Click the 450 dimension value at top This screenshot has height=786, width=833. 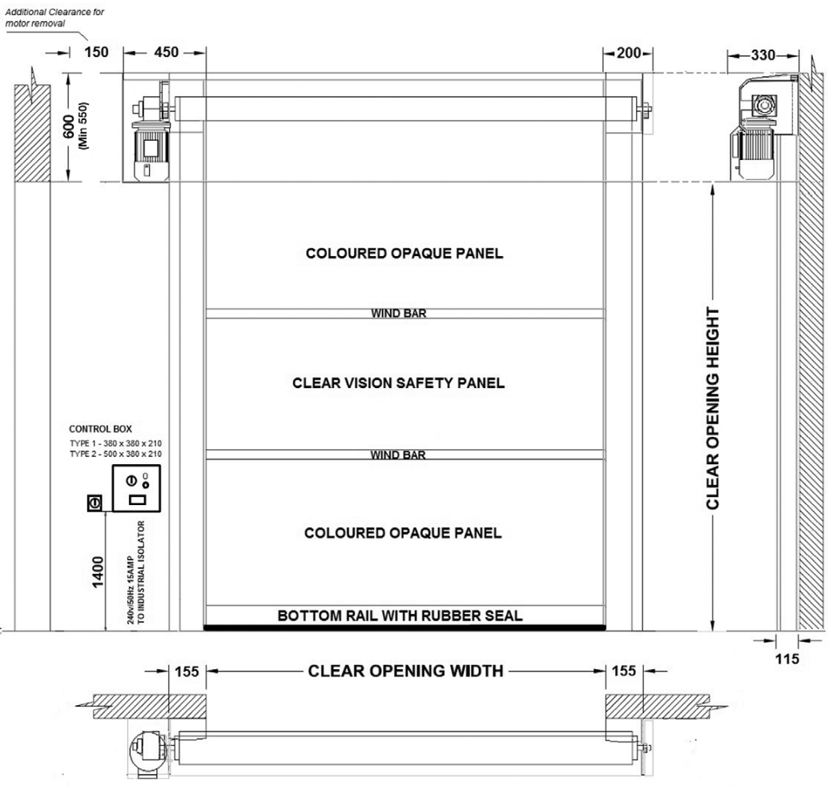(167, 52)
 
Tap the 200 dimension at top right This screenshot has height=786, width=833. (629, 53)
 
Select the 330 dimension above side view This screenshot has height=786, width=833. (763, 55)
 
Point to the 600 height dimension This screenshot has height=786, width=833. (69, 126)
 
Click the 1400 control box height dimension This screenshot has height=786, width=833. (99, 572)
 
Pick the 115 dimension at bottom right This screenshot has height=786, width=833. (787, 659)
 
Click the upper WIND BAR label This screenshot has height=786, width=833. (398, 313)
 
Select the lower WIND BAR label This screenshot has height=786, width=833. (398, 455)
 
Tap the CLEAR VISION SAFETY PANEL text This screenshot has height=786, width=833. (398, 383)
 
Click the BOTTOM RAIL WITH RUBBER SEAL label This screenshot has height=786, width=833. (400, 616)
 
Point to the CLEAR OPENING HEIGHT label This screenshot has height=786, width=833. (712, 409)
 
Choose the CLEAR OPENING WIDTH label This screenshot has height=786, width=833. (405, 671)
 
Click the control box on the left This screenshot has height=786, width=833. (136, 488)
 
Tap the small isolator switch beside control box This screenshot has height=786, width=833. (95, 503)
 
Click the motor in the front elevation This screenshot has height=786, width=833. (151, 151)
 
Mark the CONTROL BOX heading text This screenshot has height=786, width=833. (100, 429)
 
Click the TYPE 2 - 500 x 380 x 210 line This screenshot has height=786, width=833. (116, 454)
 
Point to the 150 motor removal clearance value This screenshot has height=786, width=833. (96, 52)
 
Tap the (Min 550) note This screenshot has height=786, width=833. (83, 126)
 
